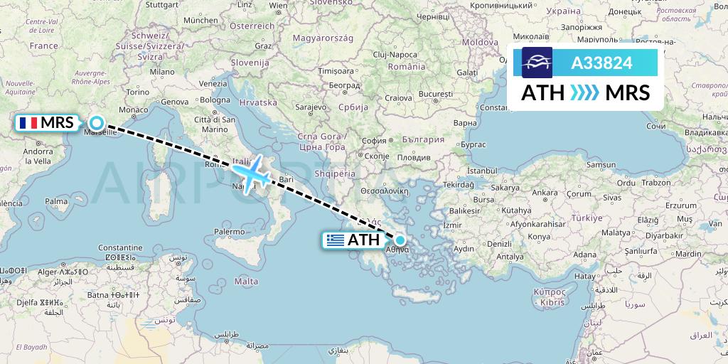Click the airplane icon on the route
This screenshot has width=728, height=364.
pyautogui.click(x=251, y=172)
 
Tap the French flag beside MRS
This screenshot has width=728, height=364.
pyautogui.click(x=28, y=122)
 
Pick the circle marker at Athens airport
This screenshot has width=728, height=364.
pyautogui.click(x=400, y=240)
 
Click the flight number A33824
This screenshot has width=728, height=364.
pyautogui.click(x=601, y=63)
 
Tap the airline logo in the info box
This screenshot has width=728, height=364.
pyautogui.click(x=537, y=63)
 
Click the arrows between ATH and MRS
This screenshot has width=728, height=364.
pyautogui.click(x=585, y=92)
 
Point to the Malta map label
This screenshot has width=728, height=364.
pyautogui.click(x=246, y=282)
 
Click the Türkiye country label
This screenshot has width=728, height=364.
pyautogui.click(x=587, y=218)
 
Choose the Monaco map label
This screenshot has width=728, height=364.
pyautogui.click(x=134, y=110)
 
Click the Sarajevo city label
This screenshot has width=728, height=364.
pyautogui.click(x=310, y=107)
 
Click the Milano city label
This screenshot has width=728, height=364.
pyautogui.click(x=162, y=72)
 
